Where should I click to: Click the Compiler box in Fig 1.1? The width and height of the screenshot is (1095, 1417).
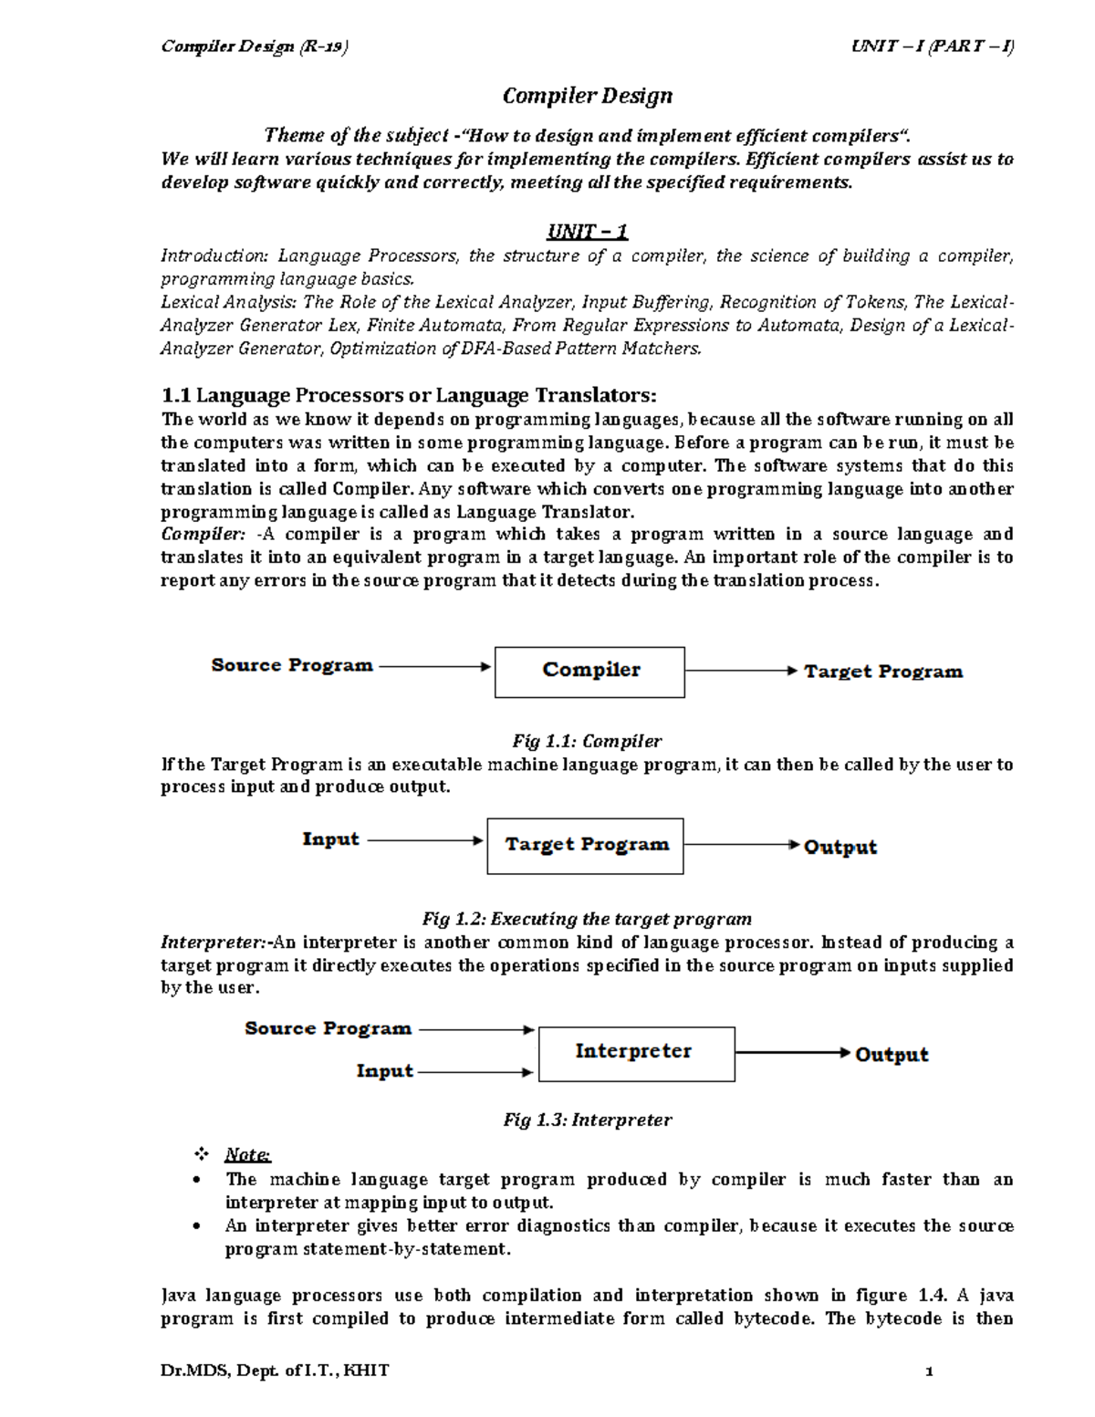[x=589, y=672]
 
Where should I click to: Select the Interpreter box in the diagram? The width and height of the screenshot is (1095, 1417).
[x=636, y=1054]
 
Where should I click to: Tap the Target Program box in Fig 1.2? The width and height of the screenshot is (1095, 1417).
[x=585, y=846]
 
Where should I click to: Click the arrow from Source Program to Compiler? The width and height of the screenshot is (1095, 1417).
[x=434, y=667]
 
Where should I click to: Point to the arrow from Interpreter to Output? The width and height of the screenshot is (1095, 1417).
[x=792, y=1053]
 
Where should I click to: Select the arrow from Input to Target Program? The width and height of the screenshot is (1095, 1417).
[x=424, y=840]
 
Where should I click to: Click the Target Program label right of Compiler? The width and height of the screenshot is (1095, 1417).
[x=882, y=672]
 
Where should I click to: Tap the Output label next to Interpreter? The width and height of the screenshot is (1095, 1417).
[x=892, y=1055]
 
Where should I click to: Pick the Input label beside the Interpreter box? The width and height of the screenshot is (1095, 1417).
[x=384, y=1071]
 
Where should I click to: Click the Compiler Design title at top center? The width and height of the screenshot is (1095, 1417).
[x=588, y=96]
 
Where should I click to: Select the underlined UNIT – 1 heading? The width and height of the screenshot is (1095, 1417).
[x=587, y=232]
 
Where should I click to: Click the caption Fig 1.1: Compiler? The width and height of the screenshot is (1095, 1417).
[x=587, y=741]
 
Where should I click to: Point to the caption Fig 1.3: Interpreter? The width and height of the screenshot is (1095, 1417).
[x=587, y=1120]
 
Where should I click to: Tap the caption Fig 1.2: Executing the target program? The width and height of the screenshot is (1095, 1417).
[x=587, y=919]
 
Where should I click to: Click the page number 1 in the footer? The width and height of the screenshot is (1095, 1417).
[x=929, y=1370]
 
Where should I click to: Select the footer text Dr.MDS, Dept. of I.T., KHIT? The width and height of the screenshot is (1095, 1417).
[x=275, y=1370]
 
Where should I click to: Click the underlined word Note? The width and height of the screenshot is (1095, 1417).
[x=247, y=1155]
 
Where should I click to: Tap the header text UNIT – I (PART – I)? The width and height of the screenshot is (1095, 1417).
[x=932, y=47]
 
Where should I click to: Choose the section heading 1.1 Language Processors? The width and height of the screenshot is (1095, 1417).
[x=408, y=395]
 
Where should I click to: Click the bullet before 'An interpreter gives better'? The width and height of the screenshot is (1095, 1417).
[x=198, y=1226]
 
